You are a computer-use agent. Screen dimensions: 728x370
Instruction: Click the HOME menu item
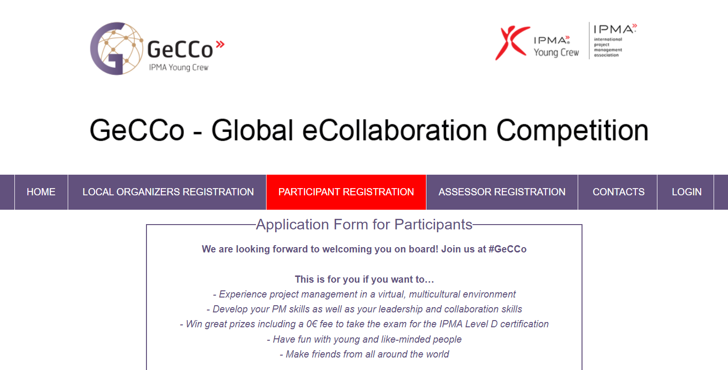[41, 192]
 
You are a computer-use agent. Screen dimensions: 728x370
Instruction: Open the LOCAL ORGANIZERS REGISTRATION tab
[168, 192]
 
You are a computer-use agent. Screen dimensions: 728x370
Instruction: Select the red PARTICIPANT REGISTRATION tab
[346, 192]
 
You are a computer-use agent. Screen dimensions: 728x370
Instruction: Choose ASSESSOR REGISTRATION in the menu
[502, 192]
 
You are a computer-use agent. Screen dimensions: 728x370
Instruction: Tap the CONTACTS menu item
[618, 192]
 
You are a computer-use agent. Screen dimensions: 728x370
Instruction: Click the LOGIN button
[686, 192]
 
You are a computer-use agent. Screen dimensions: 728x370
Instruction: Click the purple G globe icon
[116, 49]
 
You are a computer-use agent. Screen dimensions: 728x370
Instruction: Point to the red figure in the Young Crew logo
[512, 43]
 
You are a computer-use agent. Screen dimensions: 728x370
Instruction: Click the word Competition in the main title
[572, 131]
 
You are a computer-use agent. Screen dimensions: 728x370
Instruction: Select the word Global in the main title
[253, 130]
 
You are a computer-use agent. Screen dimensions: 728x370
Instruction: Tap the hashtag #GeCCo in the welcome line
[507, 249]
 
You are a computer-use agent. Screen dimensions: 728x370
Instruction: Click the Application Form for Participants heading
[364, 225]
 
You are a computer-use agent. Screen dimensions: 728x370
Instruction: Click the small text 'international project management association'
[608, 47]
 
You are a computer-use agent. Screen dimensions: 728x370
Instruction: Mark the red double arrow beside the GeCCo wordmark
[220, 44]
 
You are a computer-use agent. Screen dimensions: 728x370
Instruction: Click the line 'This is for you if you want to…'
[364, 279]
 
